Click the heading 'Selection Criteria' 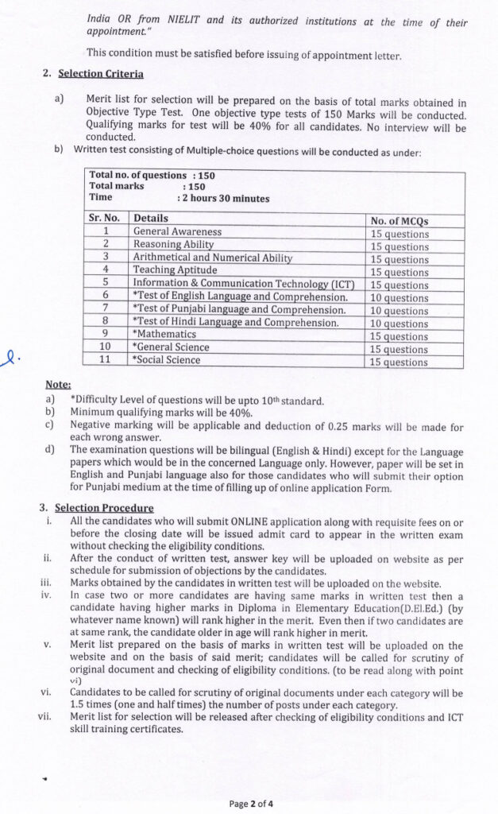(x=101, y=74)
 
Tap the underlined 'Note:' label (x=58, y=384)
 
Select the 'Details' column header (x=151, y=218)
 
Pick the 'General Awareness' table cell (x=177, y=231)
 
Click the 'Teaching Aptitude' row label (x=175, y=269)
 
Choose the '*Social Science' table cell (x=167, y=359)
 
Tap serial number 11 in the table (x=106, y=359)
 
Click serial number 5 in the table (x=106, y=282)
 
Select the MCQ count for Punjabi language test (x=400, y=310)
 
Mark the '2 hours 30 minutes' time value (x=225, y=198)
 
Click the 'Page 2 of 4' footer (x=250, y=803)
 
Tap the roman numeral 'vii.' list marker (x=44, y=716)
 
